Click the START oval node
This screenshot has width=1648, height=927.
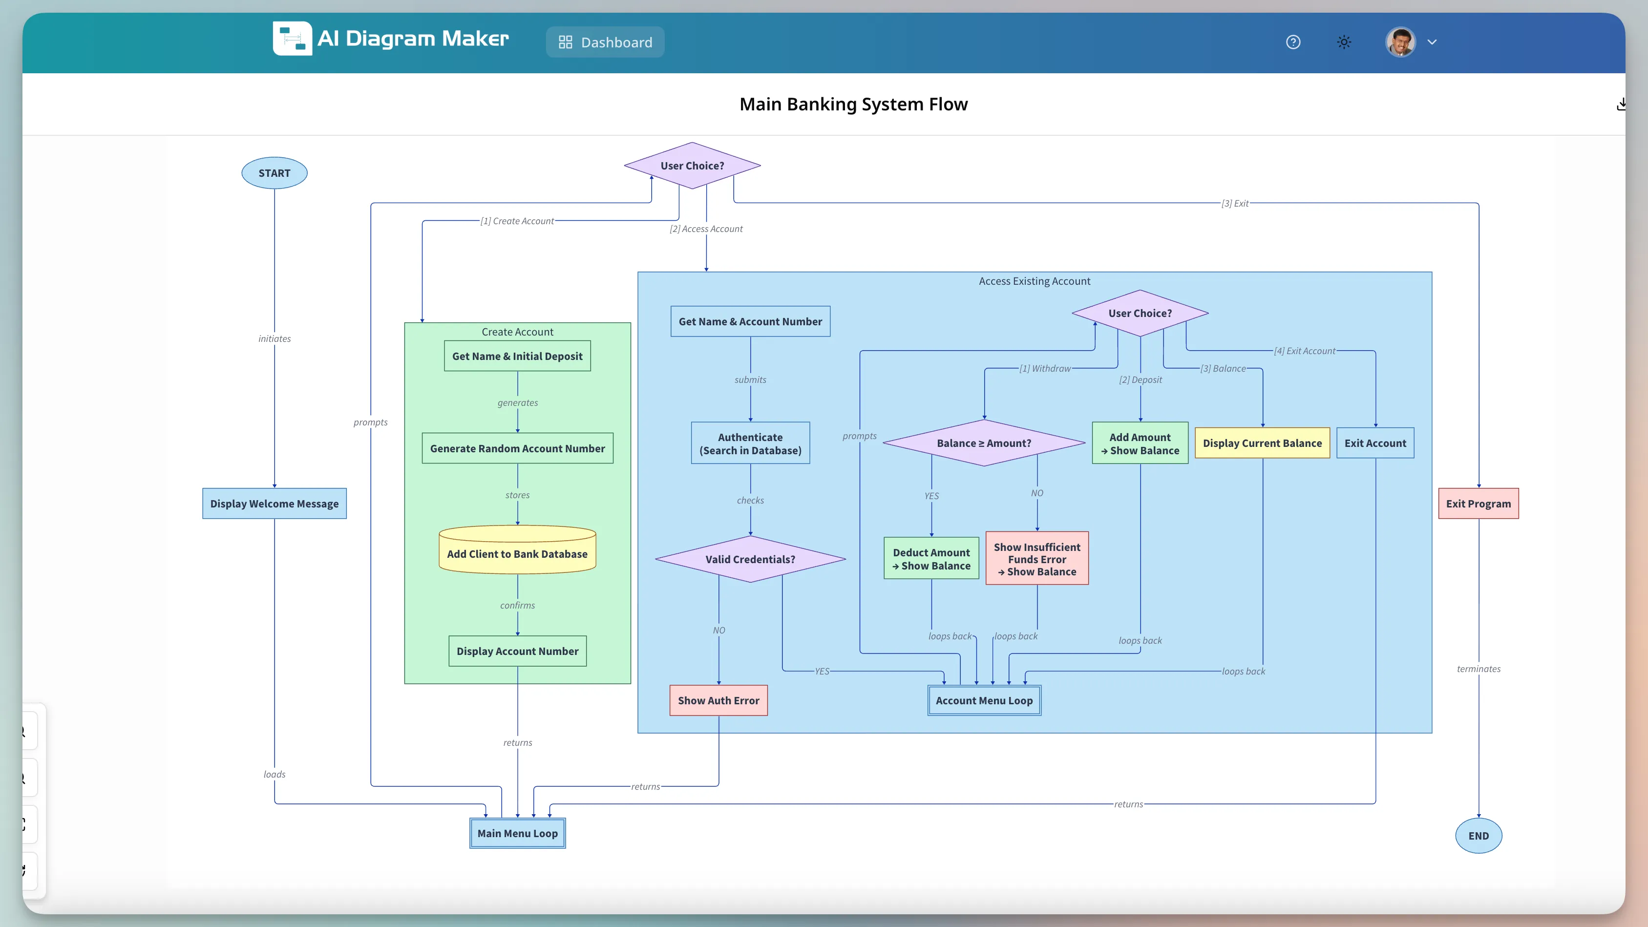click(x=275, y=173)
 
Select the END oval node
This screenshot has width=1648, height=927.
click(x=1479, y=836)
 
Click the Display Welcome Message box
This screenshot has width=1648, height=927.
click(x=275, y=504)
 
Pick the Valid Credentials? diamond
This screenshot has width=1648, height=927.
click(x=750, y=559)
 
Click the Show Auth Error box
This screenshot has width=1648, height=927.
click(x=718, y=700)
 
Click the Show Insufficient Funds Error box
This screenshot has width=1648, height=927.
click(x=1036, y=559)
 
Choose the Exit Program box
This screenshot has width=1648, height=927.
click(x=1478, y=504)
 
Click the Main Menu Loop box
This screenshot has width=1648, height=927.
click(x=517, y=833)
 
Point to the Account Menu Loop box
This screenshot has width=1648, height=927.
click(x=984, y=700)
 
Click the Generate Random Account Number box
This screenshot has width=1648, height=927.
click(x=517, y=448)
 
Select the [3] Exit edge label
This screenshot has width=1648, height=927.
click(x=1235, y=204)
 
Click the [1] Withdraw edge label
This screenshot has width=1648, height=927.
click(x=1044, y=368)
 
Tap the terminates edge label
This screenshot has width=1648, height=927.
click(x=1478, y=669)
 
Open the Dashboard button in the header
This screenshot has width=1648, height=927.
click(x=605, y=42)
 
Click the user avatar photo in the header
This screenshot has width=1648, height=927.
click(x=1400, y=42)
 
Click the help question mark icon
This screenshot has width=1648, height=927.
click(x=1293, y=42)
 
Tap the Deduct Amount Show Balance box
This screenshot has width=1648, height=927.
click(x=931, y=559)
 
